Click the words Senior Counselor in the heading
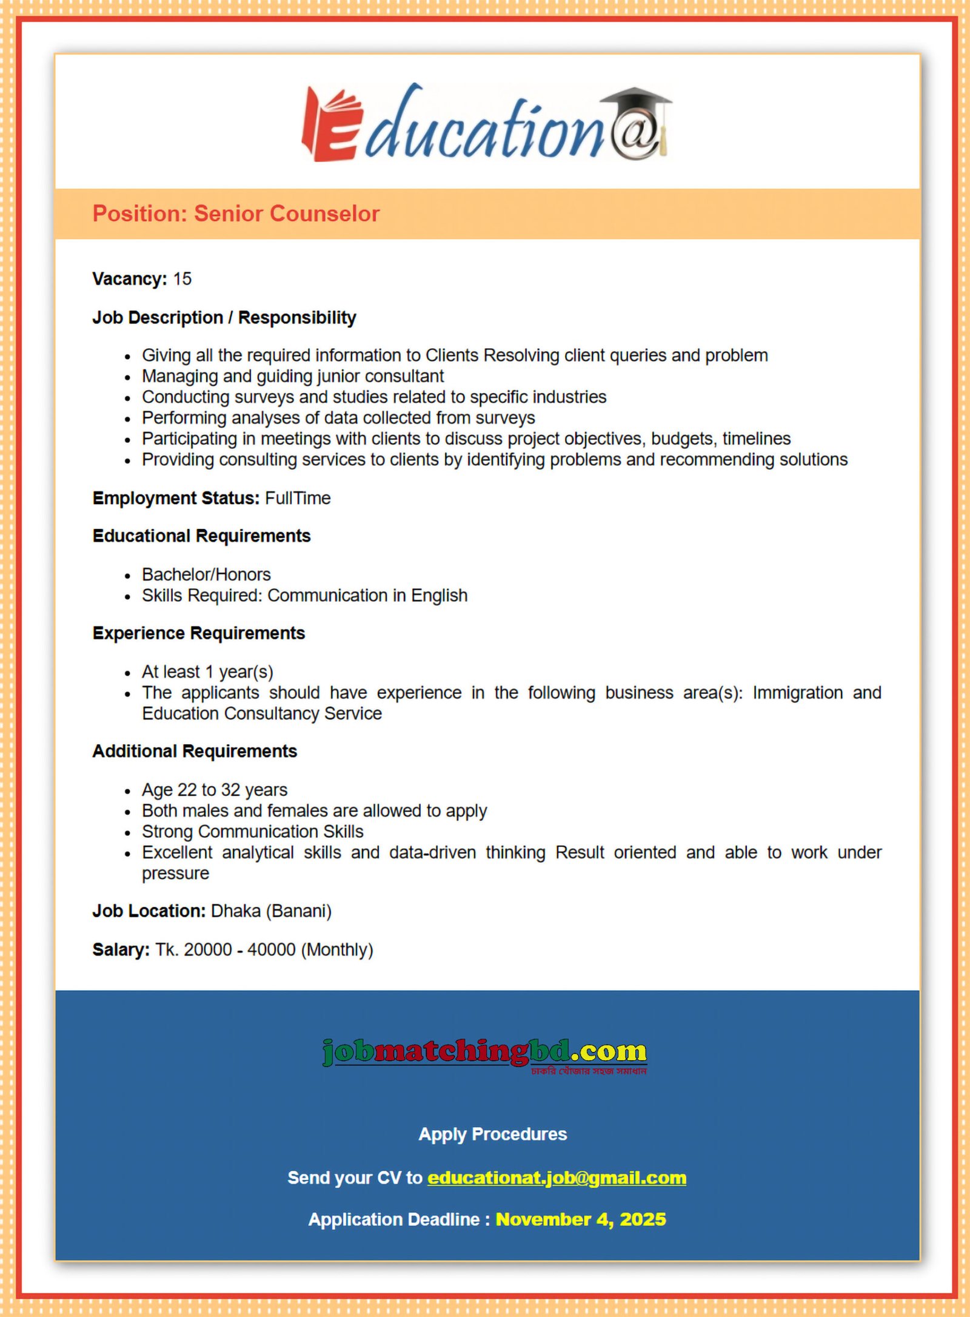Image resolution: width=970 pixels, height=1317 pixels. [286, 214]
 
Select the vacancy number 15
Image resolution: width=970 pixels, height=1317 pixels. [182, 279]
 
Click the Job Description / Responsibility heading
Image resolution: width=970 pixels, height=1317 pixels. [224, 318]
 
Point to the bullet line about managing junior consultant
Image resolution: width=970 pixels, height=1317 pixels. [292, 377]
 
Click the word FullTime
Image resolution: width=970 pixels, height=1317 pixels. [298, 499]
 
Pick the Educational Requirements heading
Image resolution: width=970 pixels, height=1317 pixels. [201, 536]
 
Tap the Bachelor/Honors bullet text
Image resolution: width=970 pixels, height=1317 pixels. [206, 574]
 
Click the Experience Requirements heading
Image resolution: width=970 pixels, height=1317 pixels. [198, 633]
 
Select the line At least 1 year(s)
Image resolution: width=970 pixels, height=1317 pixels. [207, 672]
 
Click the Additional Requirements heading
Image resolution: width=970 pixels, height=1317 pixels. [195, 752]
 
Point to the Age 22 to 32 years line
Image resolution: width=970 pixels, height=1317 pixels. [214, 790]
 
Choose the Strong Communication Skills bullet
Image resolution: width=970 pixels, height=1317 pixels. [252, 832]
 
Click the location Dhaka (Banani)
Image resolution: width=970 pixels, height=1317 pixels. [271, 911]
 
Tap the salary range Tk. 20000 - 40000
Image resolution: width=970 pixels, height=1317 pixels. [225, 950]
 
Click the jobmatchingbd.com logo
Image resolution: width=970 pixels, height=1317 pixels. [484, 1053]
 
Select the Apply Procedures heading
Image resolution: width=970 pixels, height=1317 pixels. [492, 1134]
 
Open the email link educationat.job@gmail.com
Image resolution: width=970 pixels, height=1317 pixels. [557, 1178]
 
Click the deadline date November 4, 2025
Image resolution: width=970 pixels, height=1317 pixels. [580, 1220]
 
